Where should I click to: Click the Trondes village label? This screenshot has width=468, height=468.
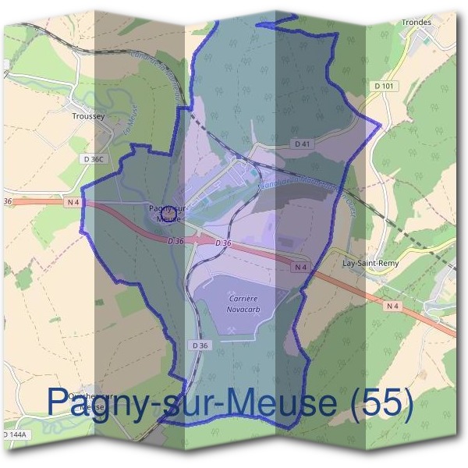[x=417, y=22]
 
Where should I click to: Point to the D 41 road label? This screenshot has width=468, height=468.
[x=303, y=144]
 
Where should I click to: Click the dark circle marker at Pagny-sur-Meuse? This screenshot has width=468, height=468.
[x=166, y=207]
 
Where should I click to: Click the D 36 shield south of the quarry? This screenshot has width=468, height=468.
[x=200, y=345]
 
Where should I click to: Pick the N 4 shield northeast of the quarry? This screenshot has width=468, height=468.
[x=302, y=267]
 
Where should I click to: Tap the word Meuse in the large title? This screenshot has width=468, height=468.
[x=283, y=402]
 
